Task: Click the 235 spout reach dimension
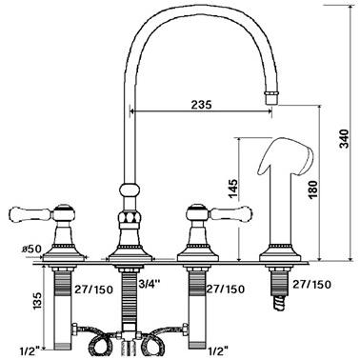[x=201, y=105]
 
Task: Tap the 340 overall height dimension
[x=344, y=138]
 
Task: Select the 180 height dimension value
[x=312, y=190]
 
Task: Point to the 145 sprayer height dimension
[x=232, y=189]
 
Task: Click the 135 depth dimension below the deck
[x=38, y=300]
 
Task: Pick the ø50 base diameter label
[x=31, y=249]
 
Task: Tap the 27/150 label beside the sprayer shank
[x=311, y=284]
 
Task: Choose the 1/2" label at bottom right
[x=219, y=350]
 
